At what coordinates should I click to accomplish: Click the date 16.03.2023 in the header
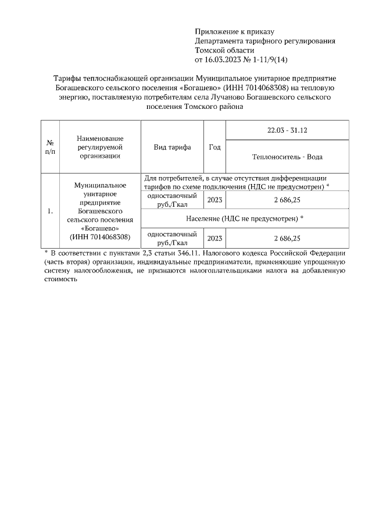coord(225,59)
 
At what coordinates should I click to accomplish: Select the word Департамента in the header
coord(223,41)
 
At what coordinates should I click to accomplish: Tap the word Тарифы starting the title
coord(68,78)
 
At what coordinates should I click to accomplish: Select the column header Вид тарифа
coord(172,147)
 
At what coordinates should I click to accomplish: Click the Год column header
coord(214,147)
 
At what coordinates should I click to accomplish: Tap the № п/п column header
coord(50,147)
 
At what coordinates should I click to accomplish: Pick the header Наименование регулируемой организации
coord(100,147)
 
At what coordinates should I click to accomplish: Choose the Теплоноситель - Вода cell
coord(287,157)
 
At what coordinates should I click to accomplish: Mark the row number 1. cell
coord(50,211)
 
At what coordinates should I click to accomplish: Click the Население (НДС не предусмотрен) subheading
coord(245,218)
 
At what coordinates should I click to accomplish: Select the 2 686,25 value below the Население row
coord(287,238)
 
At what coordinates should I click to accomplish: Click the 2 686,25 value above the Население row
coord(287,200)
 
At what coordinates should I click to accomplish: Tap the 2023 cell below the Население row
coord(214,238)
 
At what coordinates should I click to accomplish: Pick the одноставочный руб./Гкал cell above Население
coord(172,200)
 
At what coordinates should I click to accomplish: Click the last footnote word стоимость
coord(61,279)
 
